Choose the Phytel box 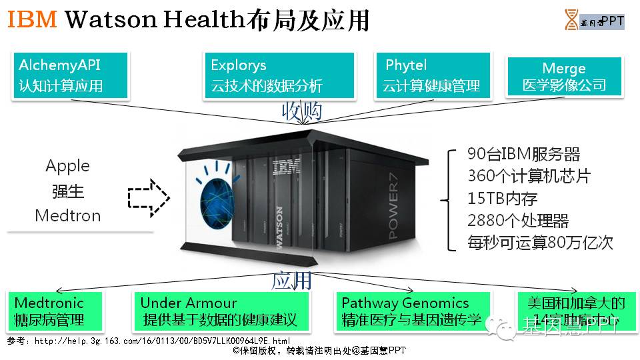pyautogui.click(x=432, y=76)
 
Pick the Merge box pyautogui.click(x=564, y=77)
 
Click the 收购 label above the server pyautogui.click(x=301, y=110)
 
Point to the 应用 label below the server pyautogui.click(x=291, y=280)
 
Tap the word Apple pyautogui.click(x=67, y=166)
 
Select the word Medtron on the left pyautogui.click(x=67, y=215)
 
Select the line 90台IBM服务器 pyautogui.click(x=523, y=155)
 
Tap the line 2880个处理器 pyautogui.click(x=518, y=220)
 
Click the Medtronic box pyautogui.click(x=56, y=311)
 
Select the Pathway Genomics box pyautogui.click(x=411, y=311)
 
